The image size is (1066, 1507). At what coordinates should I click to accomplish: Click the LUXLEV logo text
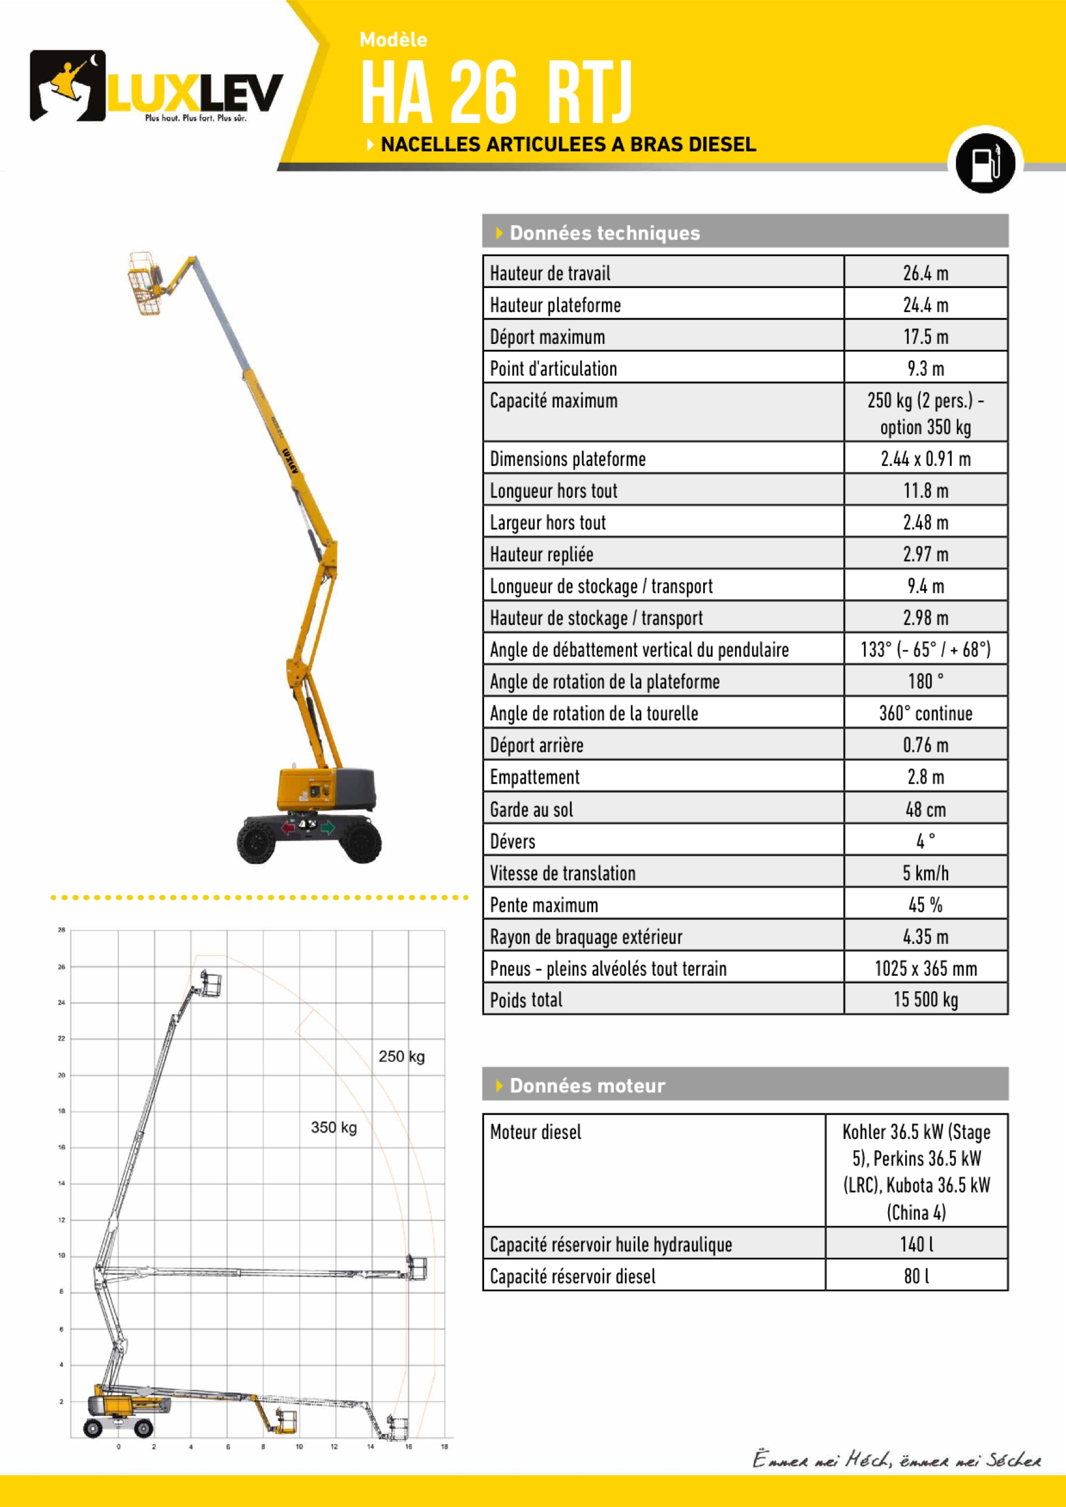tap(194, 93)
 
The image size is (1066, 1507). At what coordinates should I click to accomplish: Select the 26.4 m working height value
tap(925, 273)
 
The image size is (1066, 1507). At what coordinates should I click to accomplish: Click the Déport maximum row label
tap(548, 337)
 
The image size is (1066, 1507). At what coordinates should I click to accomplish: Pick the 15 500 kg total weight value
tap(925, 999)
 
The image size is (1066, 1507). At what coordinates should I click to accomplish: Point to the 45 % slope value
tap(925, 905)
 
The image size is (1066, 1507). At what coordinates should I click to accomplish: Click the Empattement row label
tap(534, 777)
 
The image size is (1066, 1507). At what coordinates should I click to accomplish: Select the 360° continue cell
tap(925, 714)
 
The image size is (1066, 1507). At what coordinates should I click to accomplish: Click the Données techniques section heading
tap(604, 233)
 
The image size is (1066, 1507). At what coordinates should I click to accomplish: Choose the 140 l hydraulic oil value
tap(916, 1244)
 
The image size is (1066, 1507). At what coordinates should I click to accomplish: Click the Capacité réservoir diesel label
tap(572, 1276)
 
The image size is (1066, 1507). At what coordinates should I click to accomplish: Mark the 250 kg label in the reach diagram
tap(401, 1056)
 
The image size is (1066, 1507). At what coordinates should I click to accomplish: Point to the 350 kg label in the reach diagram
tap(333, 1127)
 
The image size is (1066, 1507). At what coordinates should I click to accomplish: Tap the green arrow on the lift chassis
tap(327, 827)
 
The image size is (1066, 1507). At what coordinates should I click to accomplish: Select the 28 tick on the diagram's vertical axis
tap(61, 930)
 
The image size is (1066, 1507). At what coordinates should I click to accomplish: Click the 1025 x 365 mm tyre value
tap(925, 968)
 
